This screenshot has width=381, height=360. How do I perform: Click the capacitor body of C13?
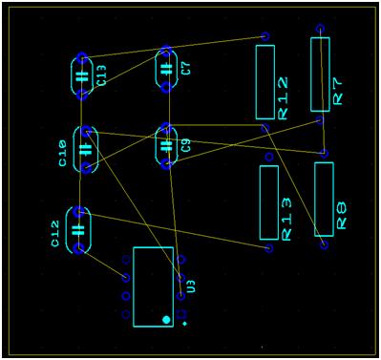tap(82, 74)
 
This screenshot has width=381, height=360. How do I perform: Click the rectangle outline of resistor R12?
tap(265, 82)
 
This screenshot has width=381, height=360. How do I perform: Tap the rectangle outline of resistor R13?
tap(269, 202)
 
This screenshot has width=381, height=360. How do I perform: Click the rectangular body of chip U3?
tap(153, 286)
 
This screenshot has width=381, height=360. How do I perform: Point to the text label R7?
tap(338, 90)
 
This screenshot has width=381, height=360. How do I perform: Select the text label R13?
tap(286, 219)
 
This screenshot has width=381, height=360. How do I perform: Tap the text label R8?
tap(342, 216)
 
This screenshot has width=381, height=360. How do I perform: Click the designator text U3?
tap(191, 286)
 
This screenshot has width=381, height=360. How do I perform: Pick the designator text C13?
tap(101, 75)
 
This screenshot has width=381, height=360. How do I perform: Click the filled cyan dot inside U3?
tap(166, 319)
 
